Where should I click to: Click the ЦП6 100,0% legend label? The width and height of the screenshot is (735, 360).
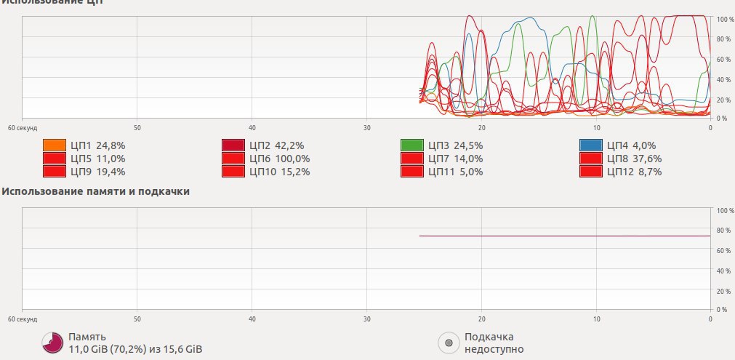click(x=279, y=159)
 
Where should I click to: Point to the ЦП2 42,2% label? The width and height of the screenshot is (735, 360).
click(x=276, y=145)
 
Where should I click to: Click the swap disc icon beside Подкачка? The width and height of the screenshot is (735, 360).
click(x=449, y=343)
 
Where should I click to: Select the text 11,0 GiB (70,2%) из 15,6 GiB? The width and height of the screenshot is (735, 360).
click(x=134, y=350)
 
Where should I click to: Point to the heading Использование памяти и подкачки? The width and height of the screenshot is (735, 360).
click(x=96, y=192)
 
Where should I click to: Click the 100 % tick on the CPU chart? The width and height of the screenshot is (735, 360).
click(x=725, y=20)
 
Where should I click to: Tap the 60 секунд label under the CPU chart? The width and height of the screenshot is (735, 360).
click(x=22, y=127)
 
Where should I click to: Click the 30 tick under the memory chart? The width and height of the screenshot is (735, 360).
click(x=366, y=319)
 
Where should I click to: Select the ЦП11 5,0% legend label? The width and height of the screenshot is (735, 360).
click(x=455, y=172)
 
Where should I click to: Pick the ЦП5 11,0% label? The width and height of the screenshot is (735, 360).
click(x=97, y=159)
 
